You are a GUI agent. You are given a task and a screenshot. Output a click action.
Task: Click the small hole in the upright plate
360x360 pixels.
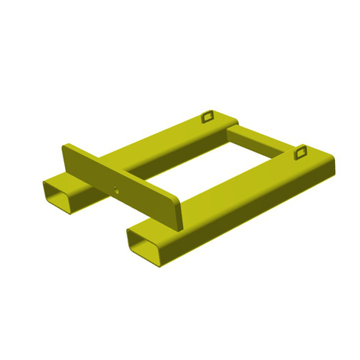click(x=117, y=188)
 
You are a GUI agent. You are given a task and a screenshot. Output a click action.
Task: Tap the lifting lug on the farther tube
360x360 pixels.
click(x=207, y=117)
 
